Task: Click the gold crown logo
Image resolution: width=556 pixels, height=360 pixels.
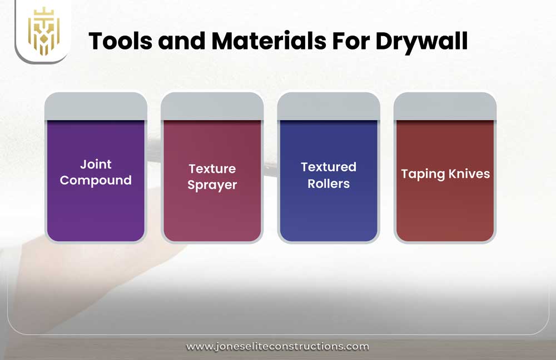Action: pyautogui.click(x=43, y=31)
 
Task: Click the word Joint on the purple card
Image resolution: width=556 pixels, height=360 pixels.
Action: pyautogui.click(x=96, y=164)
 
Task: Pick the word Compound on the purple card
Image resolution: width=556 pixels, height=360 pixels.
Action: pyautogui.click(x=96, y=181)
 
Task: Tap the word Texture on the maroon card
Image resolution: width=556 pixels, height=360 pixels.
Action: pyautogui.click(x=212, y=169)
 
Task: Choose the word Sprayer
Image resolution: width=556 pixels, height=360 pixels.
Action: pyautogui.click(x=212, y=185)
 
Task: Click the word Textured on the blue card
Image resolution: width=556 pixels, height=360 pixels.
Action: pyautogui.click(x=329, y=167)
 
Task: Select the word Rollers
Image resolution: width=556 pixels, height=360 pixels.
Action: pyautogui.click(x=329, y=183)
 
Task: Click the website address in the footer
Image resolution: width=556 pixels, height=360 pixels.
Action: pyautogui.click(x=277, y=347)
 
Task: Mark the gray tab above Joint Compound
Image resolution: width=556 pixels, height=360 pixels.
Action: pyautogui.click(x=96, y=106)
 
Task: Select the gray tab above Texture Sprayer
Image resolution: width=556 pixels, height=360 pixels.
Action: pyautogui.click(x=212, y=106)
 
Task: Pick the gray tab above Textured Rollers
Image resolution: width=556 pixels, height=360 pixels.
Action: pyautogui.click(x=329, y=106)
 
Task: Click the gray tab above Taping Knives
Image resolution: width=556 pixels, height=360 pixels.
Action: pyautogui.click(x=445, y=106)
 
